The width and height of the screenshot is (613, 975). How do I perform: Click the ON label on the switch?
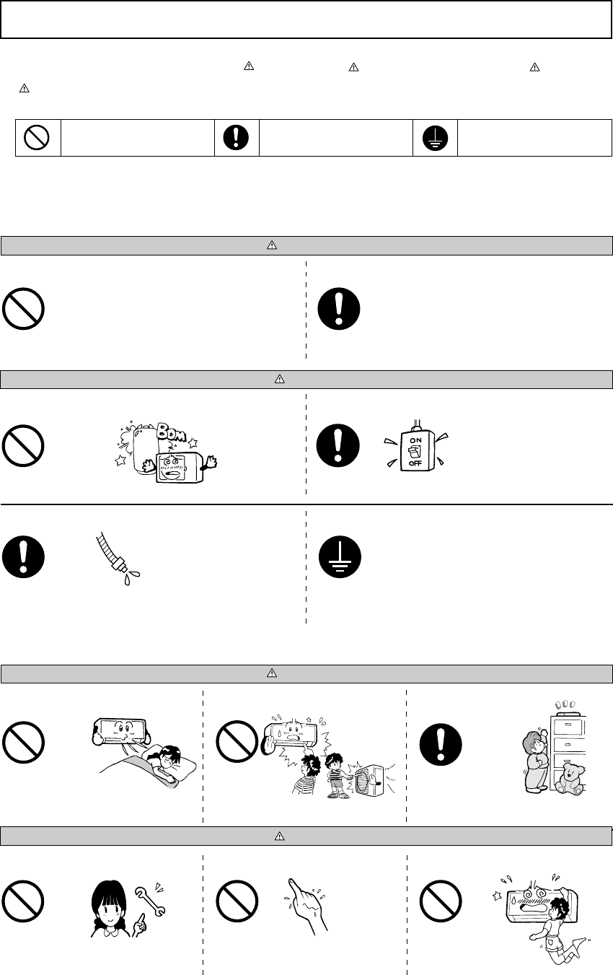[x=415, y=440]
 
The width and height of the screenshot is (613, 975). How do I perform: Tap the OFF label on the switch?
[x=415, y=463]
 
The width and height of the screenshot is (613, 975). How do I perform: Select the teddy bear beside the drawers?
[x=569, y=780]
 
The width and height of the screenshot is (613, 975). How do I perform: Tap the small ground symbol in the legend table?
[x=435, y=138]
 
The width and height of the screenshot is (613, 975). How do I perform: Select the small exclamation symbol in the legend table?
[x=236, y=138]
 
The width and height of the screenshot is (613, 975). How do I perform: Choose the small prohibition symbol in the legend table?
[x=37, y=138]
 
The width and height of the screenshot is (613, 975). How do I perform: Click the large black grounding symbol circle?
[x=340, y=556]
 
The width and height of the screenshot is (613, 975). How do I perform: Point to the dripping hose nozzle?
[x=118, y=559]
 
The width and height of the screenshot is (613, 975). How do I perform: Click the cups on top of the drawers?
[x=565, y=704]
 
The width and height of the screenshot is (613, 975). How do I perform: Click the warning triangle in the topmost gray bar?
[x=271, y=245]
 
